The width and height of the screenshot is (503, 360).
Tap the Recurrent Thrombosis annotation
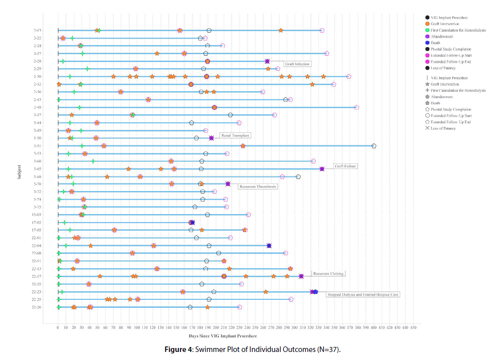pyautogui.click(x=258, y=187)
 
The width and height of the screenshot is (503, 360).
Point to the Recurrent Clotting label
pyautogui.click(x=328, y=274)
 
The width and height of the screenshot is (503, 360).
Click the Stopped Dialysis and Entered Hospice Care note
pyautogui.click(x=363, y=295)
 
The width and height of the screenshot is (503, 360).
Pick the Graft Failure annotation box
pyautogui.click(x=345, y=166)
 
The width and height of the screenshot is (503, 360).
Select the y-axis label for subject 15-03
pyautogui.click(x=37, y=215)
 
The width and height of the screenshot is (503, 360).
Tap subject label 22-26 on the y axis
pyautogui.click(x=37, y=307)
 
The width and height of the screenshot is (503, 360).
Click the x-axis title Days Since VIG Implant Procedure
pyautogui.click(x=223, y=336)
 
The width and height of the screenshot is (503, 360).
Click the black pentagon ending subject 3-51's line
pyautogui.click(x=374, y=146)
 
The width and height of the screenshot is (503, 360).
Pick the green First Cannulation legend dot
pyautogui.click(x=427, y=31)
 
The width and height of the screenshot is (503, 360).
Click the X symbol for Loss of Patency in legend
pyautogui.click(x=427, y=128)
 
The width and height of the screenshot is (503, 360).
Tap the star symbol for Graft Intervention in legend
pyautogui.click(x=427, y=84)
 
